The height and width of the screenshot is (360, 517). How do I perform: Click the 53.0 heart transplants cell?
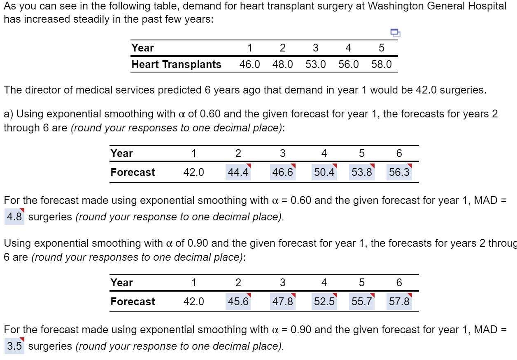coord(315,65)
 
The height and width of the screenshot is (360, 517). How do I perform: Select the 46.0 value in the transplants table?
coord(249,65)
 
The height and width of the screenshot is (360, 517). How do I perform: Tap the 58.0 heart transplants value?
coord(382,65)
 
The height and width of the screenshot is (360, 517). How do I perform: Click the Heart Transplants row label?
coord(176,65)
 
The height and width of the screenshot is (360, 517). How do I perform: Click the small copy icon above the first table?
coord(395,33)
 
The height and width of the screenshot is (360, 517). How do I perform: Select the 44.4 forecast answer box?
coord(238,172)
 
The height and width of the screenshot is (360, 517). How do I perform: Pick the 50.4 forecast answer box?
coord(324,172)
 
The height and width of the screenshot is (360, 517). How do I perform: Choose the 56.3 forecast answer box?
coord(399,172)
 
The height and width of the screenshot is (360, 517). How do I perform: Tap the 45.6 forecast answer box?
coord(238,302)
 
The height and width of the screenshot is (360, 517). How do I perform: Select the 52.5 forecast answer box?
coord(324,302)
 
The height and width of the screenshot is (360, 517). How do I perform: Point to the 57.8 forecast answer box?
coord(399,302)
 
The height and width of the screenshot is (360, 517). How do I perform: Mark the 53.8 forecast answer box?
coord(362,172)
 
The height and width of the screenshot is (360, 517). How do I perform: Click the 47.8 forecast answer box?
coord(282,302)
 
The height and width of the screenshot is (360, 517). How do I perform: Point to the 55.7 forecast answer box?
coord(362,302)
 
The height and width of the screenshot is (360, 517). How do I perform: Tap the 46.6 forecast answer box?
coord(282,172)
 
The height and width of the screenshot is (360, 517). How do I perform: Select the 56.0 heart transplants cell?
coord(348,65)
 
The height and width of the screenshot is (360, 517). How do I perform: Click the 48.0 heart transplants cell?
coord(282,65)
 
